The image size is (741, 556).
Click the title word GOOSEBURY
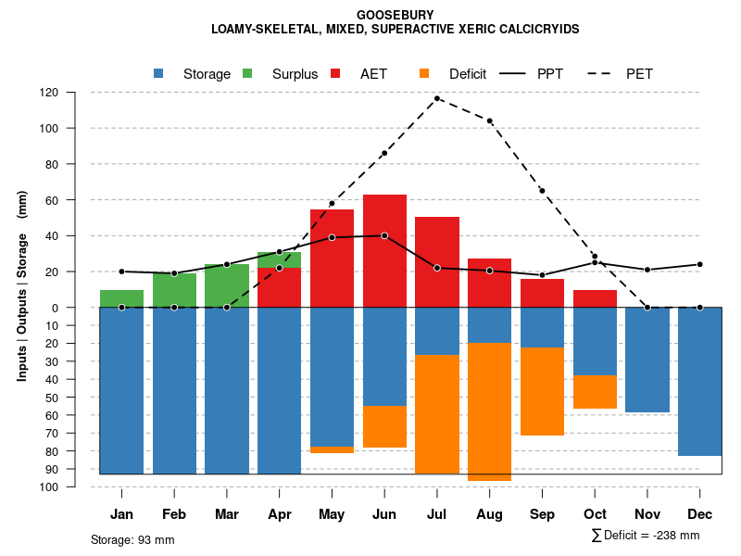(x=395, y=15)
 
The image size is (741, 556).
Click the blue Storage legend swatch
(x=158, y=73)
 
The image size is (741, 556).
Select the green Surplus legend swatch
(x=247, y=73)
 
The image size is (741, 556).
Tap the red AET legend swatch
(x=335, y=73)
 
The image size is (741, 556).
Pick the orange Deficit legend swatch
(x=424, y=73)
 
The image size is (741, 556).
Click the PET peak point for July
(x=437, y=98)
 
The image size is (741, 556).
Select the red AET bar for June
(x=384, y=250)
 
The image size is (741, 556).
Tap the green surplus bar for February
(x=174, y=290)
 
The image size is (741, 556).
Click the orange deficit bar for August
(x=490, y=411)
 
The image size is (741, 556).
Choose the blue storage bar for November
(x=647, y=360)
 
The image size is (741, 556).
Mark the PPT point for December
(x=700, y=264)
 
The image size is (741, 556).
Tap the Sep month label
(x=542, y=514)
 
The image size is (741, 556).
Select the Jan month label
(x=121, y=514)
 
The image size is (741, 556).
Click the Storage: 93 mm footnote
(x=132, y=539)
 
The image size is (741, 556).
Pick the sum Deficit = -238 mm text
(x=646, y=536)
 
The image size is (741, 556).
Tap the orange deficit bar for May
(x=332, y=449)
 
